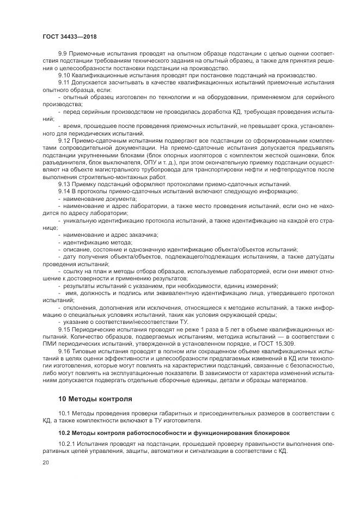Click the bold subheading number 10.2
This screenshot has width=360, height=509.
[x=64, y=433]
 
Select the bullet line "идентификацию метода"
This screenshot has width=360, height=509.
[x=98, y=242]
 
